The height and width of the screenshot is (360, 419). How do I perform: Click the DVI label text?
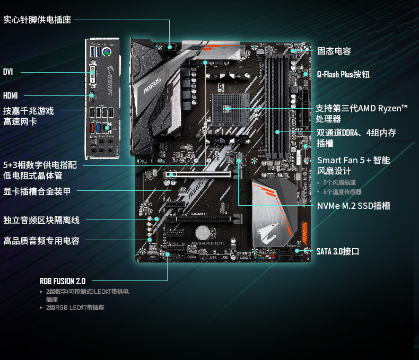[x=8, y=72]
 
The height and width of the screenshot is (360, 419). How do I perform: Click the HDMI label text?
[x=10, y=96]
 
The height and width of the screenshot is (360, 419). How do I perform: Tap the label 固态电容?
[x=334, y=51]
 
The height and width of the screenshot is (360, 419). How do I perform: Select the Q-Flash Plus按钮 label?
[x=343, y=74]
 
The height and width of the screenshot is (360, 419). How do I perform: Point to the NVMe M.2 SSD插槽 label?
[x=353, y=205]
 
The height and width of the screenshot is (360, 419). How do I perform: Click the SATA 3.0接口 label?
[x=338, y=251]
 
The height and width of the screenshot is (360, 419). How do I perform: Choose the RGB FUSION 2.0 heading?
[x=62, y=281]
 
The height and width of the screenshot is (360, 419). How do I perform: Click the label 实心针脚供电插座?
[x=37, y=20]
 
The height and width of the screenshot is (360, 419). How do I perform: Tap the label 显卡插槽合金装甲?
[x=37, y=191]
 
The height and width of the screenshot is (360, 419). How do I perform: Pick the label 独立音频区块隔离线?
[x=41, y=220]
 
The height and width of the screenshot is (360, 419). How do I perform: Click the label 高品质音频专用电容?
[x=41, y=241]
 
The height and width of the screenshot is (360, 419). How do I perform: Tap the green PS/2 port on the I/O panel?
[x=107, y=52]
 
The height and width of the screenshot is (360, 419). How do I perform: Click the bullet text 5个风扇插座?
[x=340, y=182]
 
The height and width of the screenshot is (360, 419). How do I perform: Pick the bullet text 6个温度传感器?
[x=342, y=191]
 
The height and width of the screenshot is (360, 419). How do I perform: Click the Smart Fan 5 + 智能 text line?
[x=353, y=160]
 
